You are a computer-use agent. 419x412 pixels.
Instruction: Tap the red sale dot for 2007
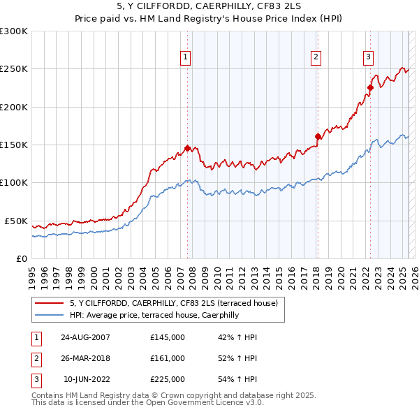[187, 148]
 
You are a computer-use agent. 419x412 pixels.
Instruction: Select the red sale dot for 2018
[318, 136]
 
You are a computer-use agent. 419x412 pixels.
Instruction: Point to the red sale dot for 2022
[370, 87]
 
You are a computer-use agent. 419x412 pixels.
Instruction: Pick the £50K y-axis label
[16, 221]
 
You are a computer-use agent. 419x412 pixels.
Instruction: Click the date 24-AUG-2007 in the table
[85, 337]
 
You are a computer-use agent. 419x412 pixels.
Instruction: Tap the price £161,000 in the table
[168, 358]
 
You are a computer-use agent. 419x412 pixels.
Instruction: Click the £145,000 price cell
[168, 337]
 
